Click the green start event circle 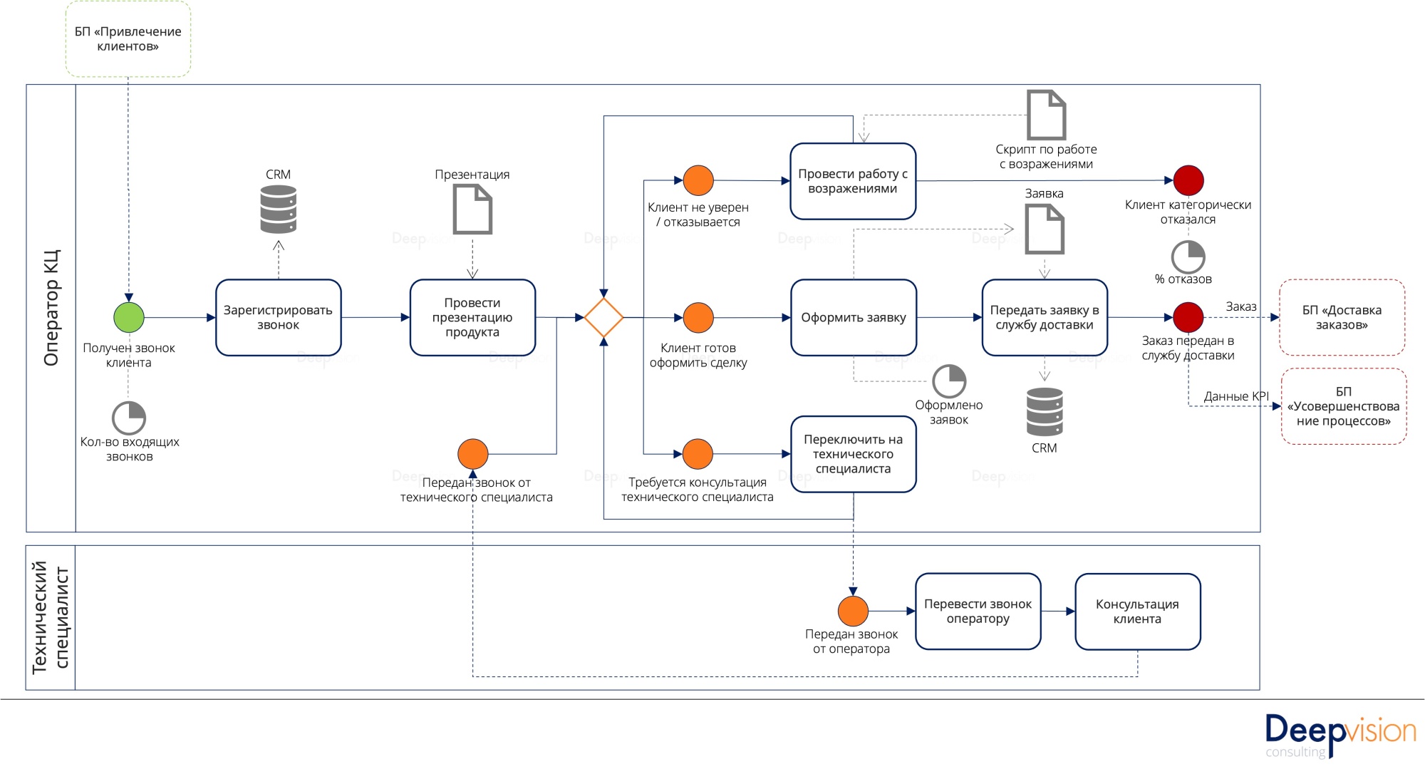129,317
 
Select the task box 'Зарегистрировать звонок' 279,317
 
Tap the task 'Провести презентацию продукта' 472,317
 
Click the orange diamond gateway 603,317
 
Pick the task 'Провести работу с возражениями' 853,181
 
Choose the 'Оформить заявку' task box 854,317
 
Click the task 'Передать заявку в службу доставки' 1045,317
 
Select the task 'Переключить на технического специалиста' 854,454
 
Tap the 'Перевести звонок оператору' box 978,611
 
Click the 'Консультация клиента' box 1137,611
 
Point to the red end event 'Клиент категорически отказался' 1188,180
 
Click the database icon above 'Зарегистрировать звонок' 279,210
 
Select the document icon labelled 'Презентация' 472,209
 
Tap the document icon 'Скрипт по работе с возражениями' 1046,115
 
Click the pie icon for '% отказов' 1188,257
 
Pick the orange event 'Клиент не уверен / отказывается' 698,180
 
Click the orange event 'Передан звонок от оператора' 853,611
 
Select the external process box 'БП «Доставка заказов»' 1342,317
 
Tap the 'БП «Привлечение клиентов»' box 128,38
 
